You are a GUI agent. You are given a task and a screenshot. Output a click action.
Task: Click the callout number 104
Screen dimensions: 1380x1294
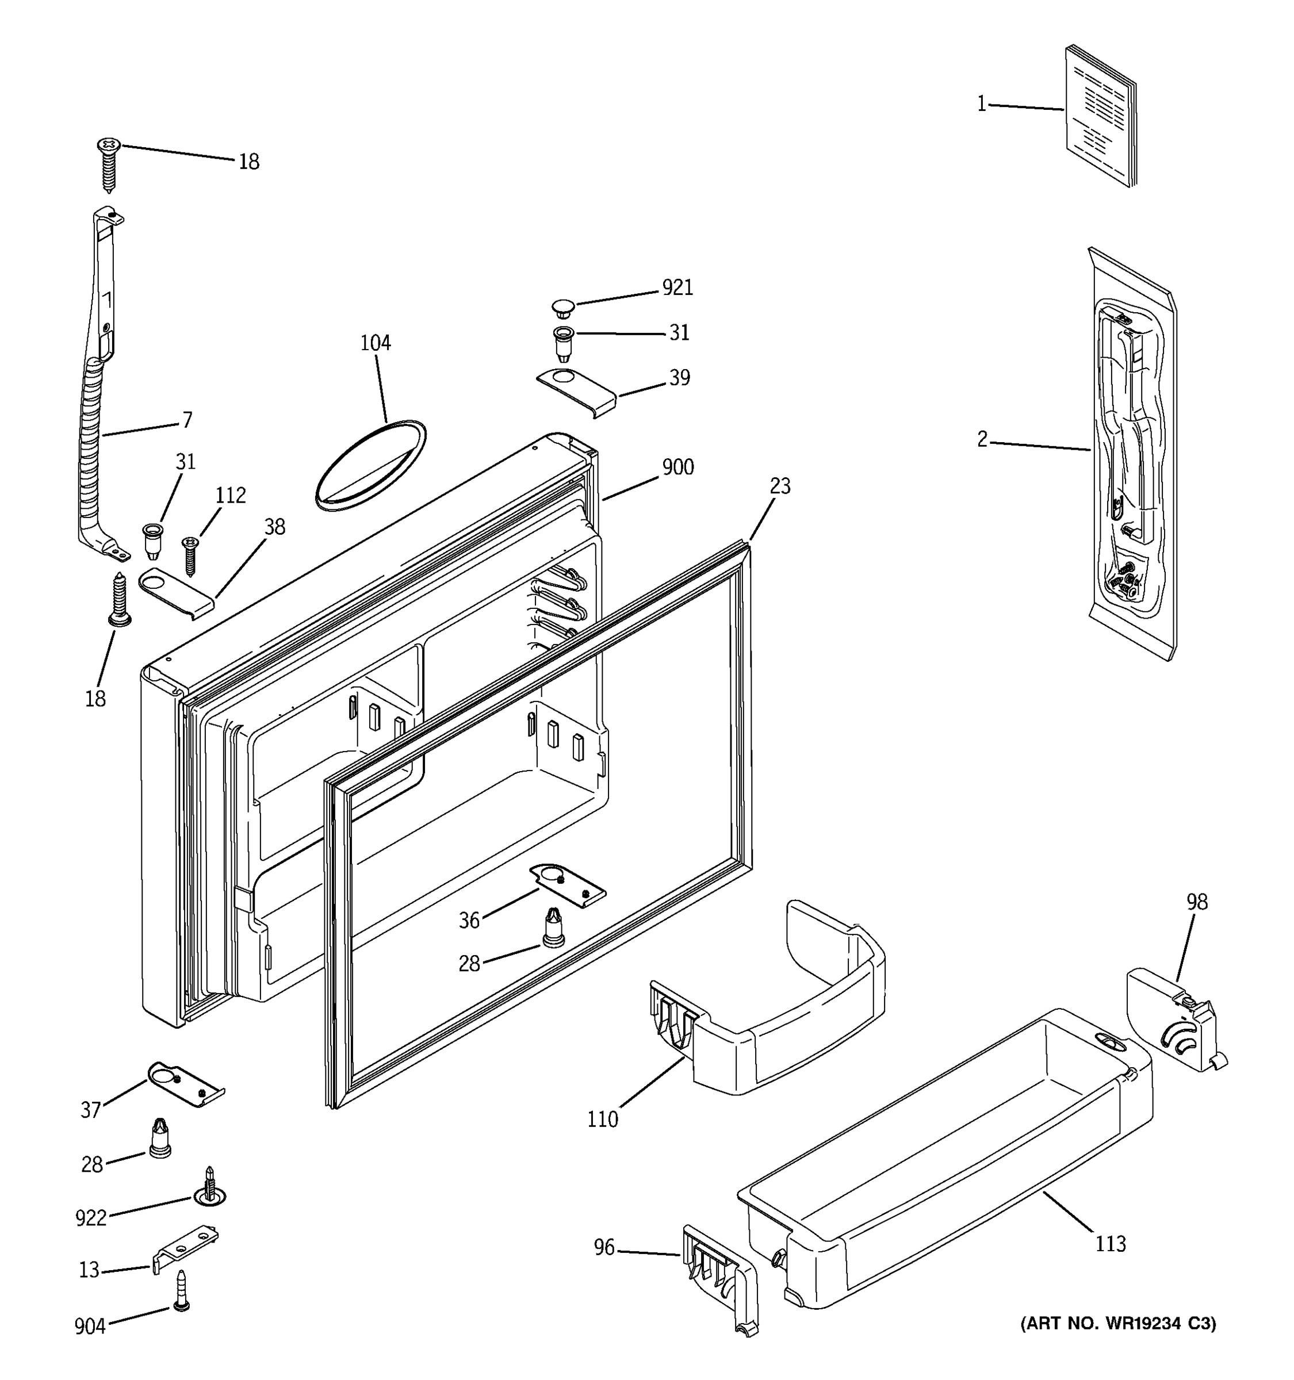[x=375, y=343]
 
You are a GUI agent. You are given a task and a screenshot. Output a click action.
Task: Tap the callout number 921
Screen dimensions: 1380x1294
[x=677, y=287]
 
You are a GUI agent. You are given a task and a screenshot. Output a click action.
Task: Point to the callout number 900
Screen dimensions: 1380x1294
[x=677, y=467]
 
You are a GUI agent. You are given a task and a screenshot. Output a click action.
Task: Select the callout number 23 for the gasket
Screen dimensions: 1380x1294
[x=780, y=486]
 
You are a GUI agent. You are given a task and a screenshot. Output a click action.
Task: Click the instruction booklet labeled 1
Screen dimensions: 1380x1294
[x=1100, y=116]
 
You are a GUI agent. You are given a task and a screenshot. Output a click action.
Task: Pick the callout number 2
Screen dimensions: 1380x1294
[x=982, y=439]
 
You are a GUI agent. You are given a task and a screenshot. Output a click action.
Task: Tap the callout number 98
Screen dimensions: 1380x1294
[x=1196, y=902]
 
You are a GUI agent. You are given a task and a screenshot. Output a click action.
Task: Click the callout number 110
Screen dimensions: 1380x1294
[x=602, y=1120]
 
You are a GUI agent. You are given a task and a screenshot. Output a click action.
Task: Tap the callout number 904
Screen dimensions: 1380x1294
[x=90, y=1327]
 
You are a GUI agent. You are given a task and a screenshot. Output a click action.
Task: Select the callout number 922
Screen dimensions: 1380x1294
[x=91, y=1218]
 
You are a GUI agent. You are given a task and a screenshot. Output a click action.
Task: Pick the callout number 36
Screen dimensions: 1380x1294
[x=469, y=921]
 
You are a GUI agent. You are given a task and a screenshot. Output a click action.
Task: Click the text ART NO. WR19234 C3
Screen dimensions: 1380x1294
[x=1117, y=1324]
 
